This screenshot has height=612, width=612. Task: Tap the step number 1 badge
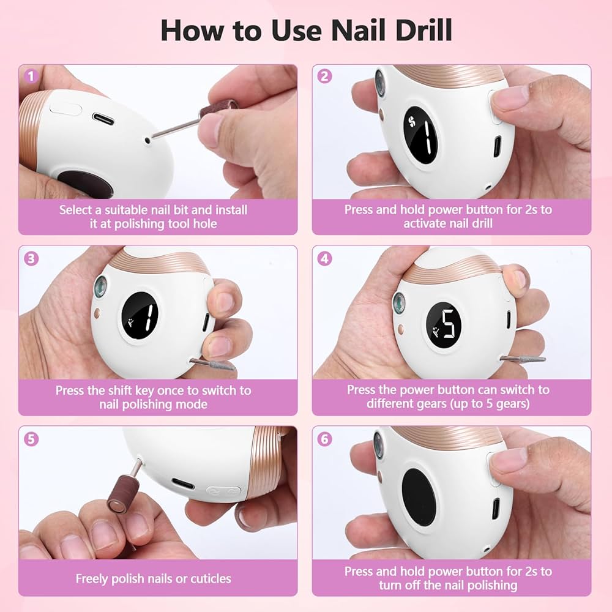tap(31, 76)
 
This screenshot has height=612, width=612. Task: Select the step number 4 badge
tap(325, 258)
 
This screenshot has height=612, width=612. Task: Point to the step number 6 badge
tap(325, 439)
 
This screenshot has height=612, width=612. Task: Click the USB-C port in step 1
tap(103, 119)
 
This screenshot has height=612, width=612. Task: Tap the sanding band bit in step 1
tap(218, 107)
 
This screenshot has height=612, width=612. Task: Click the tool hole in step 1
tap(147, 140)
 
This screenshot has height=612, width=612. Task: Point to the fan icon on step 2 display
tap(412, 122)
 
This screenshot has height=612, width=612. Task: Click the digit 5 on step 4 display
tap(449, 323)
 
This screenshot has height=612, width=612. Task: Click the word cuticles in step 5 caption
tap(211, 579)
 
